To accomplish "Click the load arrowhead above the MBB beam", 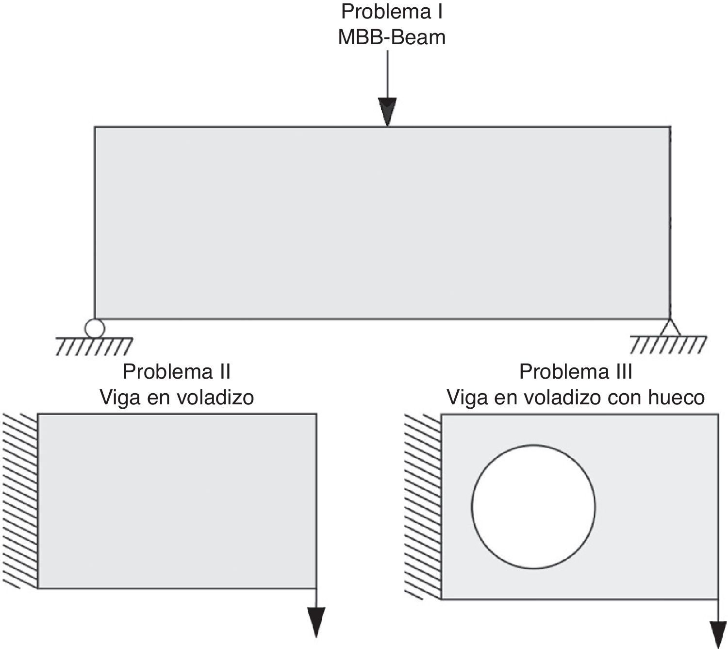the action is click(387, 111).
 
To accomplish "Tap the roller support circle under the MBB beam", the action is click(94, 328).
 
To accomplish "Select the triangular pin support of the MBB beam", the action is click(670, 328).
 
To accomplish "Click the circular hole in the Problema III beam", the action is click(533, 507).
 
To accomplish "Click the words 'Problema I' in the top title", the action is click(392, 12).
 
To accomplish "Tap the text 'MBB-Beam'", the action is click(392, 37).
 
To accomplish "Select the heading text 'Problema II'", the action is click(177, 372).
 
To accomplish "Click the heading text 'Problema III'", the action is click(576, 372).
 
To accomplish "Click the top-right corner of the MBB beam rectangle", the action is click(670, 127).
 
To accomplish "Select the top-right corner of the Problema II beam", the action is click(316, 414).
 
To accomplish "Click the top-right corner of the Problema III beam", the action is click(718, 414).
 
